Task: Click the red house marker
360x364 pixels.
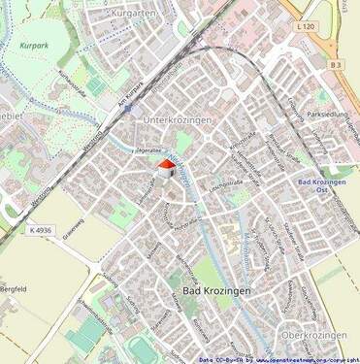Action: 165,169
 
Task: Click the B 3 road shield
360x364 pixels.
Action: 336,65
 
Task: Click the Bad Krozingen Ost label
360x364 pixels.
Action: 322,185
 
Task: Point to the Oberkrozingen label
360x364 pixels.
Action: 312,334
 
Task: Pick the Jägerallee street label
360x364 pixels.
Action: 147,152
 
